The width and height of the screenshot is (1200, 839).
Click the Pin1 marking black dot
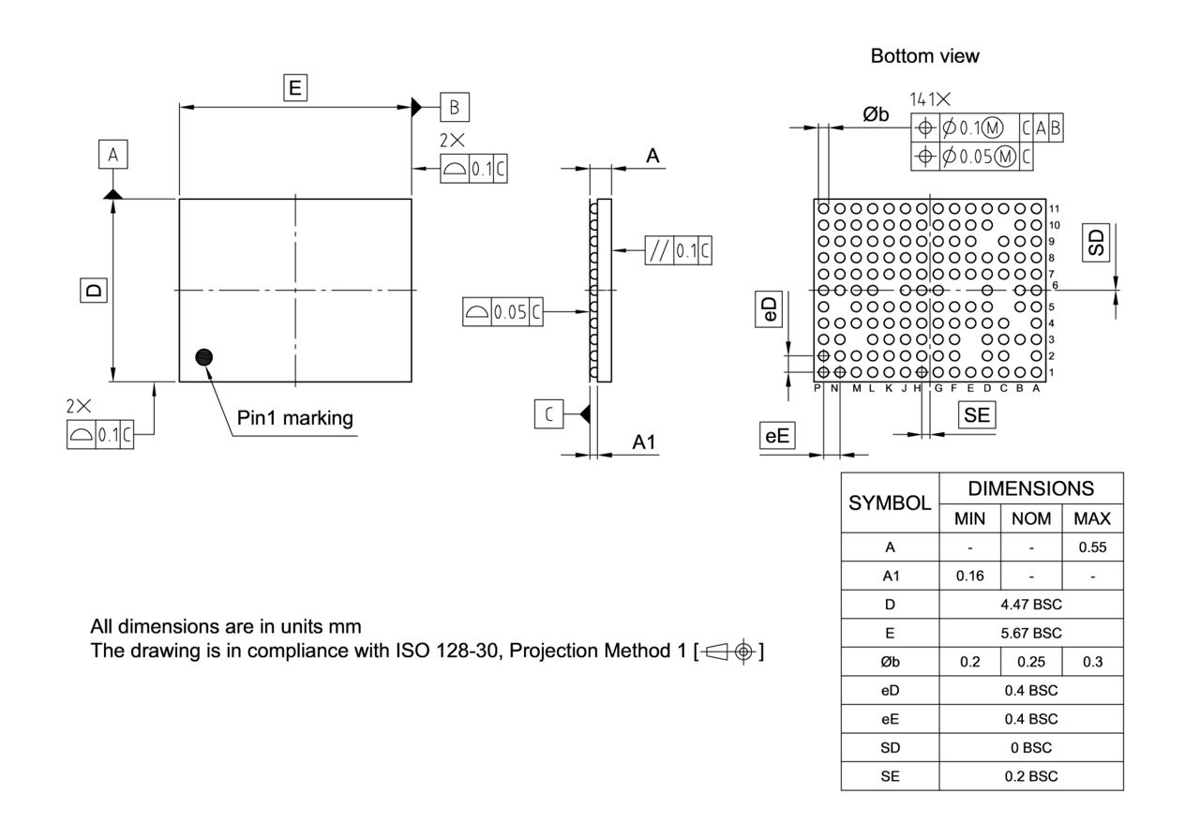point(203,356)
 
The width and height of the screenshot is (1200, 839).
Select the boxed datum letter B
point(454,107)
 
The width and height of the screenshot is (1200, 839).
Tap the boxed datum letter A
point(112,156)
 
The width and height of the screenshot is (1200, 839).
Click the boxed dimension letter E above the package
point(295,88)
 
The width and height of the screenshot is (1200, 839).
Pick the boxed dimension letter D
point(94,291)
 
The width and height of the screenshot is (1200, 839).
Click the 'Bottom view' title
point(924,56)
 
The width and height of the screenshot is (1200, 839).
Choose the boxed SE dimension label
point(976,415)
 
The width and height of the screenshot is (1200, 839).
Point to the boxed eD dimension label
point(768,311)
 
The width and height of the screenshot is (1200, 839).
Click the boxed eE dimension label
point(776,435)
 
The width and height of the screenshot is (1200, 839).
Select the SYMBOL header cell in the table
point(891,502)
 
